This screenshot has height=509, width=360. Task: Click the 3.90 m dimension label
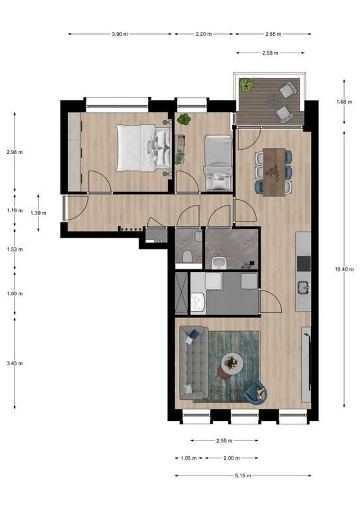click(120, 34)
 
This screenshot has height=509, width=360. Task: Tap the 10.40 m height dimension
click(344, 269)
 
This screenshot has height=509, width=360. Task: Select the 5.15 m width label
click(243, 476)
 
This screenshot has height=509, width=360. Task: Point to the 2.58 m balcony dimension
click(270, 53)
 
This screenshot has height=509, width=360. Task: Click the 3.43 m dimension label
click(15, 363)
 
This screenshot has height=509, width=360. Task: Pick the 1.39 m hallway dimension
click(38, 213)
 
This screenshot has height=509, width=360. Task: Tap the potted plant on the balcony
click(247, 85)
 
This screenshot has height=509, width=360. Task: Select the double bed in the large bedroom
click(144, 148)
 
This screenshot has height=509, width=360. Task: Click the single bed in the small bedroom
click(218, 163)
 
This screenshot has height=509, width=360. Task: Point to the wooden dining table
click(274, 172)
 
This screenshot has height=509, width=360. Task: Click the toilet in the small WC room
click(188, 256)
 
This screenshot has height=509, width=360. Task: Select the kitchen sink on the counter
click(304, 287)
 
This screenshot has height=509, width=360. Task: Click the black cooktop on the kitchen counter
click(304, 263)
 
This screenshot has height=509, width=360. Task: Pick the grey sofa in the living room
click(194, 363)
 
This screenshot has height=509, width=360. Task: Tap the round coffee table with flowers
click(232, 363)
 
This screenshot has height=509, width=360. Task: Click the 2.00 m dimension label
click(231, 459)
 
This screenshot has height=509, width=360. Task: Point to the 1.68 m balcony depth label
click(344, 102)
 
